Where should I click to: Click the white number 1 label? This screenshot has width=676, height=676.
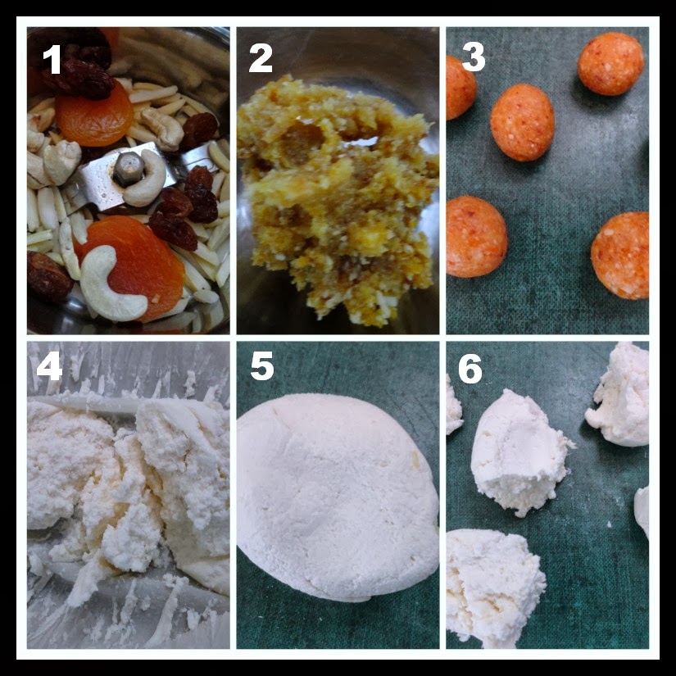pos(52,59)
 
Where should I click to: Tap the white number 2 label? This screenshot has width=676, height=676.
pos(261,58)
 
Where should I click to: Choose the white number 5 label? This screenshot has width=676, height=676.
pos(262,365)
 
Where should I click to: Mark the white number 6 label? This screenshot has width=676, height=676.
pos(470,369)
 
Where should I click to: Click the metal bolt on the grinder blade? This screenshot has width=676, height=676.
pos(129,169)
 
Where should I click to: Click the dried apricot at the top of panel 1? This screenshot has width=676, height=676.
pos(94,114)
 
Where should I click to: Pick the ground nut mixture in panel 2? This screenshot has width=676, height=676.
pos(338,201)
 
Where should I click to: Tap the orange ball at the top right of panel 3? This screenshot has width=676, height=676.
pos(610,63)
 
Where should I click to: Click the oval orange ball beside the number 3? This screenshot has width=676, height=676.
pos(522,122)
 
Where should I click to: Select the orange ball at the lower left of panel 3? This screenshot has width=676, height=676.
pos(475,236)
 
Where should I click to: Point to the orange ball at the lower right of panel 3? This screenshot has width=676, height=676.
pos(621,255)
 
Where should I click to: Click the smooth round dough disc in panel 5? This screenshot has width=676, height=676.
pos(338,497)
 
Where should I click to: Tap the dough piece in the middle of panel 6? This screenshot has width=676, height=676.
pos(519,452)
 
